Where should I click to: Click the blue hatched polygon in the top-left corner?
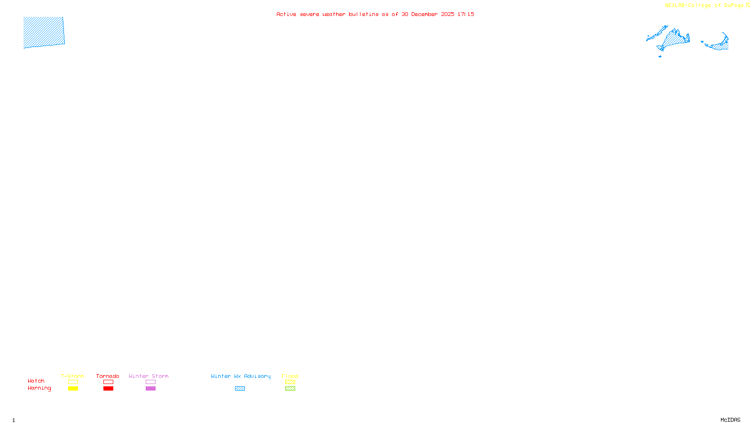tap(44, 32)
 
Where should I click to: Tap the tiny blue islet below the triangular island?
tap(660, 56)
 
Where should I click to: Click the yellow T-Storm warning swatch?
tap(73, 389)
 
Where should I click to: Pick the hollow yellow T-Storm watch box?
tap(73, 382)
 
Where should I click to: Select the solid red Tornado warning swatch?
tap(108, 389)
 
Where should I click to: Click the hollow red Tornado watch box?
tap(108, 382)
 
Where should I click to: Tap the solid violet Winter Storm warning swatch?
tap(150, 389)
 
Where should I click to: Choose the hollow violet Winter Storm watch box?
tap(150, 382)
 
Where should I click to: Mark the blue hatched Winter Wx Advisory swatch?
tap(240, 389)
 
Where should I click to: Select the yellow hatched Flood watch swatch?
tap(290, 382)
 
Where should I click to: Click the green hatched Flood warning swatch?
tap(290, 389)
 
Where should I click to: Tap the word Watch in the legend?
tap(36, 381)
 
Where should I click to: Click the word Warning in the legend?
tap(39, 388)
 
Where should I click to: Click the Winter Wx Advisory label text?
tap(241, 376)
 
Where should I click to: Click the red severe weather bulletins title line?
tap(375, 14)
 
